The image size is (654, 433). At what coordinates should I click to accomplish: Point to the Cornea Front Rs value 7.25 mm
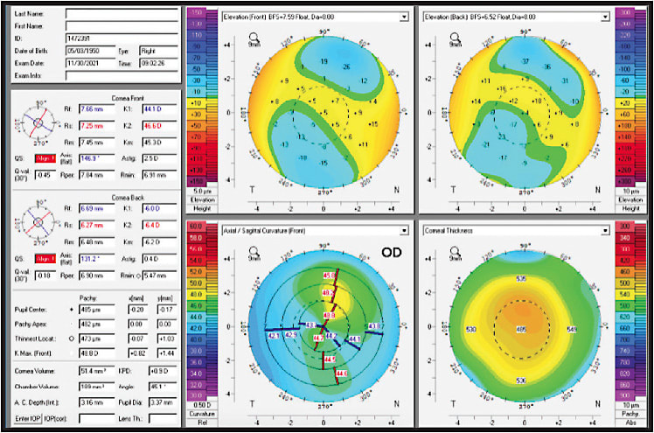(92, 126)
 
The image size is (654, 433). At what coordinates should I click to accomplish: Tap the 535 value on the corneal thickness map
(522, 279)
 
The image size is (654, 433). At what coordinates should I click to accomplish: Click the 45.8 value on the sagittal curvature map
(329, 275)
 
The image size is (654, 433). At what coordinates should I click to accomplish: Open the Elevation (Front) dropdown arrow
(403, 17)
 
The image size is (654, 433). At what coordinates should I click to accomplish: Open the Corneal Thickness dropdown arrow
(607, 230)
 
